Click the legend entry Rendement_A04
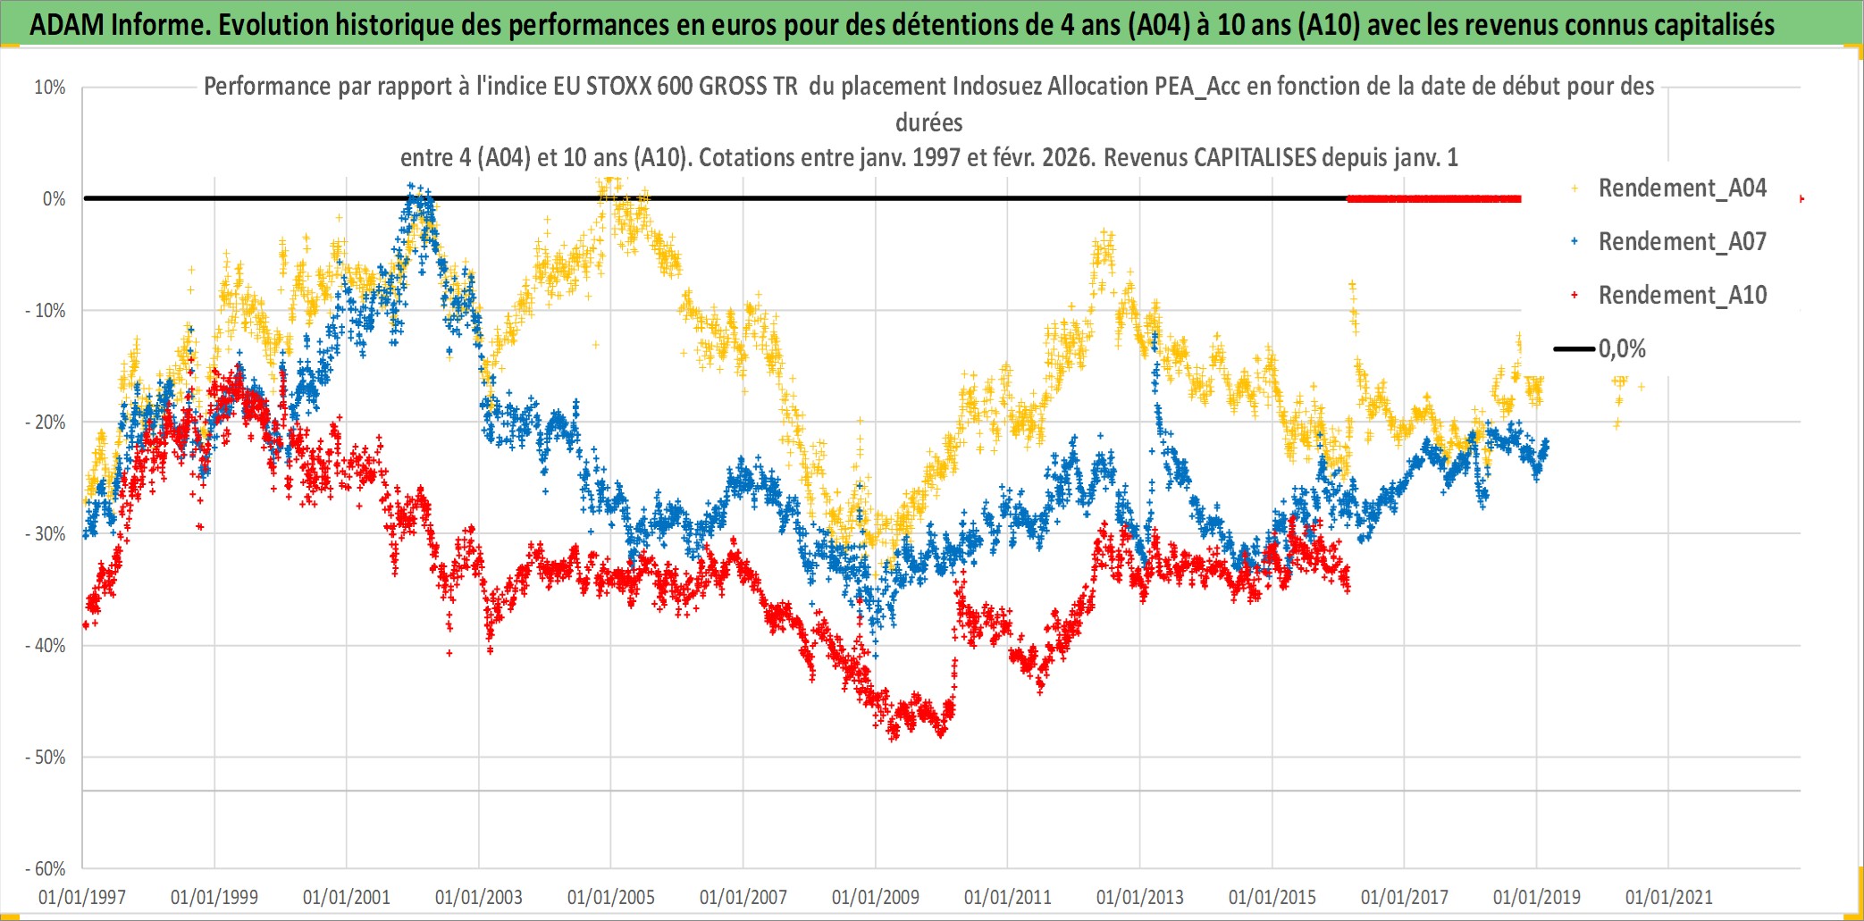[x=1681, y=188]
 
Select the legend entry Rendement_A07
[x=1681, y=242]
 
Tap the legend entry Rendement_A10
[x=1681, y=296]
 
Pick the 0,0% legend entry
[x=1621, y=349]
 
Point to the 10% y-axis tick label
[x=50, y=88]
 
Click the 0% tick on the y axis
[x=54, y=199]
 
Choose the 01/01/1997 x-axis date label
[x=82, y=897]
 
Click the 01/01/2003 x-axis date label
[x=479, y=897]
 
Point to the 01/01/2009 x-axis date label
[x=876, y=897]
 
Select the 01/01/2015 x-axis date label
[x=1272, y=897]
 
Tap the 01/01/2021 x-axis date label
[x=1669, y=897]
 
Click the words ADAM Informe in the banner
[x=117, y=25]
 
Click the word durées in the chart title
[x=929, y=122]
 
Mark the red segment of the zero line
[x=1433, y=198]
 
